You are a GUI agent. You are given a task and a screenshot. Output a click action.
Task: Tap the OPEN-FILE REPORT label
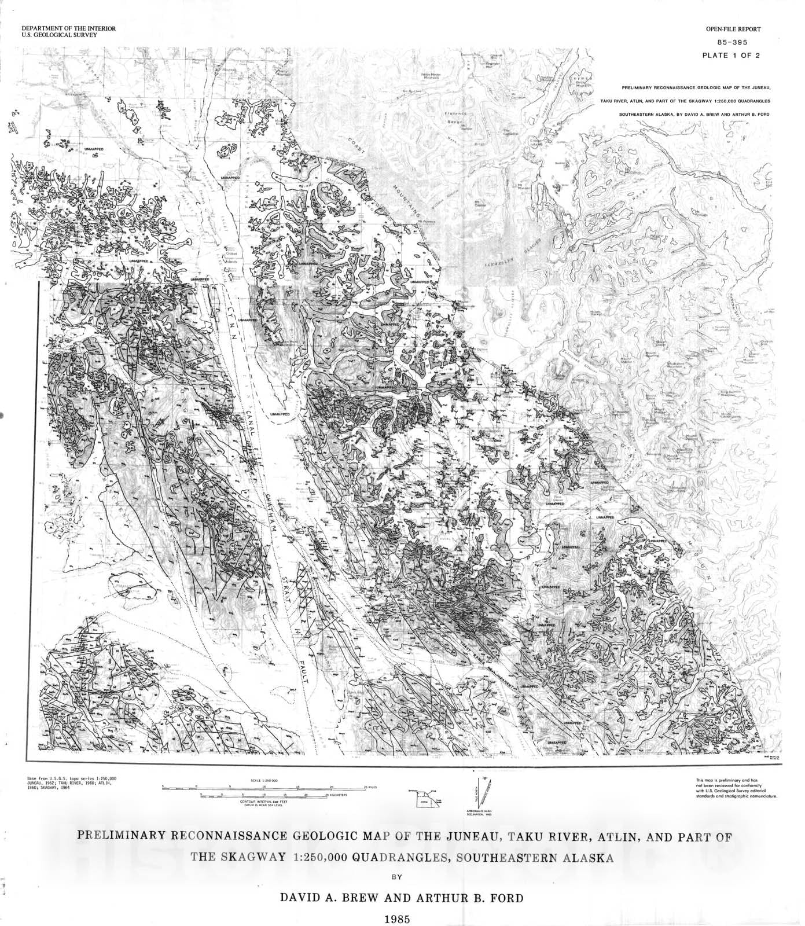(x=733, y=29)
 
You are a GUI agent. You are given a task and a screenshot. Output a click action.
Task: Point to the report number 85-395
(x=731, y=42)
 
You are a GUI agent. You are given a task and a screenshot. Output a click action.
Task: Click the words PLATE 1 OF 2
(x=731, y=56)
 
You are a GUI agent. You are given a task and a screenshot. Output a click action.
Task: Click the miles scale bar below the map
(x=264, y=788)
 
